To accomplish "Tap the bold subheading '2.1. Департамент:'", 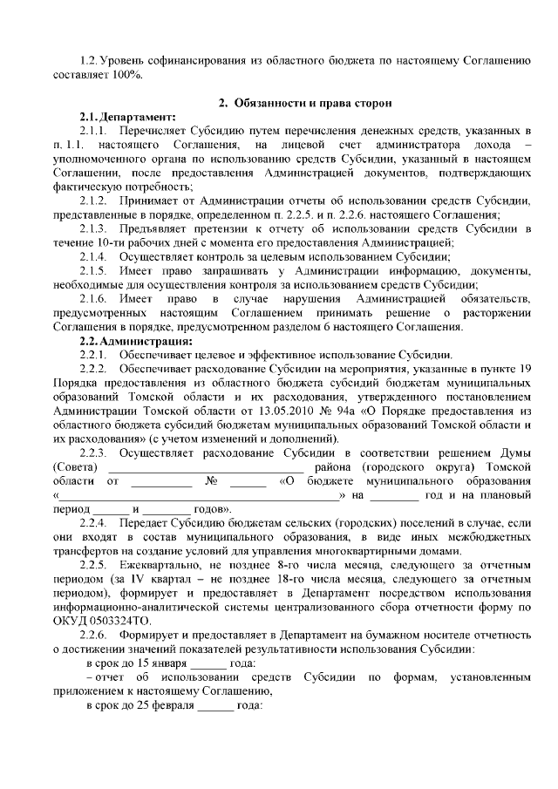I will [x=127, y=117].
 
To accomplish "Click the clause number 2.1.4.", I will [x=92, y=256].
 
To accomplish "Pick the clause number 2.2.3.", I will [x=92, y=452].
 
